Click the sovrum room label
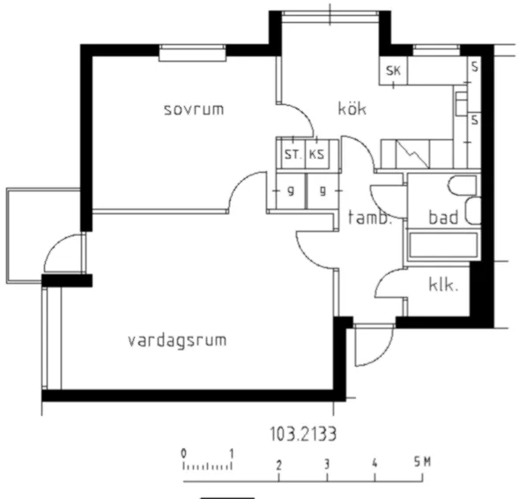point(194,109)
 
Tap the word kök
point(352,109)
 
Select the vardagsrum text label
point(175,339)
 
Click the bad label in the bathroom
point(442,217)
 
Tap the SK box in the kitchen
point(393,71)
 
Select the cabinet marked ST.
point(291,154)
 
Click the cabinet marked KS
point(316,154)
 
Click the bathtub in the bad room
point(441,246)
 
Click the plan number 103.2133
point(303,433)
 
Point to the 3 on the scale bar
point(326,465)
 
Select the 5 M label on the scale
point(421,464)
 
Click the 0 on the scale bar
point(184,453)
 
